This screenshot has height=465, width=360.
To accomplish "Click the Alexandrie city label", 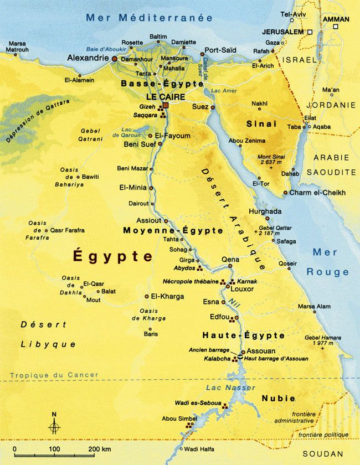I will tap(88, 58).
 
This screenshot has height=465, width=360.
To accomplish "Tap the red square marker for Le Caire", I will tap(165, 105).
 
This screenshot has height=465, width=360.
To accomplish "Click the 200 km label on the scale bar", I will tap(99, 448).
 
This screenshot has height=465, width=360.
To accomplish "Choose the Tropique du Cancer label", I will tap(54, 375).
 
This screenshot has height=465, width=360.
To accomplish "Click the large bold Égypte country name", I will tap(113, 256).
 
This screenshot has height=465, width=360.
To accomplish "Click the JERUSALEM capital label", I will tap(284, 32).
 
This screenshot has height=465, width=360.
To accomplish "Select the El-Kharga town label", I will tap(167, 296).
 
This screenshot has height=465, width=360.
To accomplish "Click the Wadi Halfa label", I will tap(198, 449).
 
